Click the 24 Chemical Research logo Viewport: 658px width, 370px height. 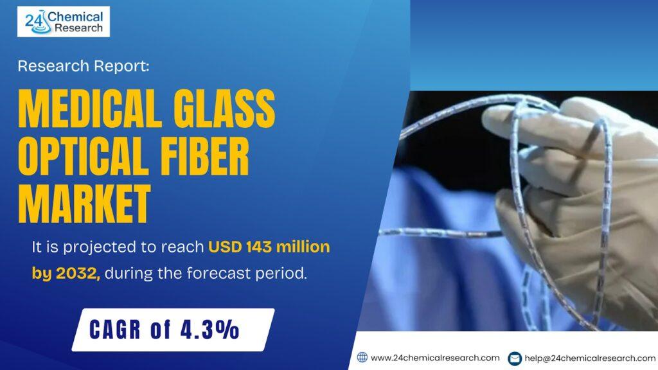pos(64,22)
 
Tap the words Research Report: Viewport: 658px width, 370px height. pos(84,66)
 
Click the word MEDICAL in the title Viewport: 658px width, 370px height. pos(90,108)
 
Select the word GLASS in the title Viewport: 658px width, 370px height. pos(224,108)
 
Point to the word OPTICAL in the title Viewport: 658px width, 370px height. pos(83,156)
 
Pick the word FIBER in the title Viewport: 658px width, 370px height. pos(205,156)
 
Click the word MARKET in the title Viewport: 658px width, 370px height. pos(84,204)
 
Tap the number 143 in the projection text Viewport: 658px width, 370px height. pos(259,247)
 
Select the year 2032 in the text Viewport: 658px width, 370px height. pos(78,274)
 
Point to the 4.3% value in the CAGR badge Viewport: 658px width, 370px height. pos(210,330)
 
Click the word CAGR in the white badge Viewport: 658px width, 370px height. pos(115,330)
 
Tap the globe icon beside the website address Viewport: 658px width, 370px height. pos(362,357)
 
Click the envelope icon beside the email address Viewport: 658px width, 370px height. pos(515,358)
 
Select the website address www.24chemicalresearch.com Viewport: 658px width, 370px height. pos(435,358)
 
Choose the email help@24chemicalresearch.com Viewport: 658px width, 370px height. pos(590,358)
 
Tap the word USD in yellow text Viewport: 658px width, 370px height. pos(226,247)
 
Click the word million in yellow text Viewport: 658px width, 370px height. pos(303,247)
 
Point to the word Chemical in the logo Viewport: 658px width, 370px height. pos(75,17)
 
